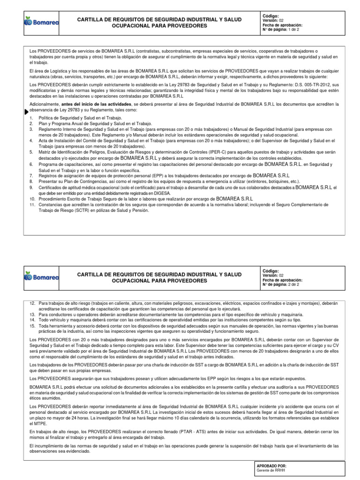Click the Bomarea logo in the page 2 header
click(41, 277)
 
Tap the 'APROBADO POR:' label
click(271, 465)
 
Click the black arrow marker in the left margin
click(26, 112)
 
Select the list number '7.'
click(31, 175)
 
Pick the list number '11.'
click(32, 205)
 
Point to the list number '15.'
click(32, 325)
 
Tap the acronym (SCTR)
click(82, 210)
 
